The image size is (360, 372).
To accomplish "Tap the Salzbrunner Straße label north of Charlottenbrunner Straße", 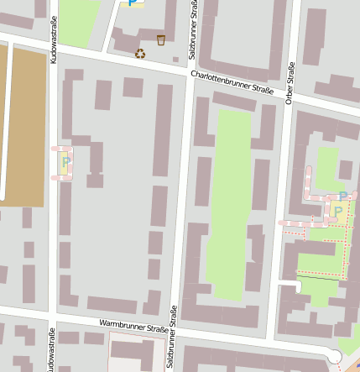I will pos(193,29).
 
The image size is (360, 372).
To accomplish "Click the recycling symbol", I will pos(140,54).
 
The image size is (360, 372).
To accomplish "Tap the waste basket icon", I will pos(160,39).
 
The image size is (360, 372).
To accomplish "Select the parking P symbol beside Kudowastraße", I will pos(65,161).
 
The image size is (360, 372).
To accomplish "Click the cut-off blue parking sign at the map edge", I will pos(131,3).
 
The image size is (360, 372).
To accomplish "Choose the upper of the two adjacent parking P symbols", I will pos(343,196).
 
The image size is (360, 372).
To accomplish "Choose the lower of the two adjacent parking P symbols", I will pos(337,210).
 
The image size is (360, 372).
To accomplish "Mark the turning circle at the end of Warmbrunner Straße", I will pos(335,357).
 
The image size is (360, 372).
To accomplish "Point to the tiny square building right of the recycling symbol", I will pos(175,60).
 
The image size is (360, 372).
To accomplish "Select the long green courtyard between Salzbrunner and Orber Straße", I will pos(228,193).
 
